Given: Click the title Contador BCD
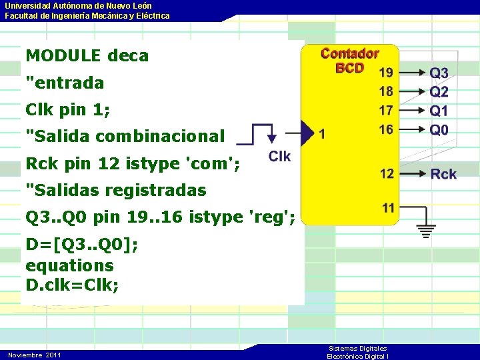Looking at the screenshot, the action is click(x=349, y=60).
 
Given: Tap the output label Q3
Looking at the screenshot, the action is click(x=439, y=73).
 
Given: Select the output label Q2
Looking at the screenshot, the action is click(x=439, y=92).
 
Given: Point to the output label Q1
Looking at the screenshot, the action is click(x=439, y=111).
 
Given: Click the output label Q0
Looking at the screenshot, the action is click(x=439, y=130).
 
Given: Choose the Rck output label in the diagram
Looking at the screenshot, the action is click(x=443, y=174).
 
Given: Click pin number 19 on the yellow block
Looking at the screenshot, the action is click(x=386, y=72).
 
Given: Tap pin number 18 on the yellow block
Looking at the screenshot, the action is click(x=386, y=91).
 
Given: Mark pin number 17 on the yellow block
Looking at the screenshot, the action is click(x=386, y=110).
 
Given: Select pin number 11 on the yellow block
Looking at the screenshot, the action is click(x=388, y=208).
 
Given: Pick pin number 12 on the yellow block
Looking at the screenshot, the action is click(x=387, y=174).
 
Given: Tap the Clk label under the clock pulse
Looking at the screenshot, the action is click(x=280, y=157).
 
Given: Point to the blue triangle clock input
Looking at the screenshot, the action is click(x=307, y=133).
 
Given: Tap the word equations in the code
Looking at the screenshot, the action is click(x=69, y=265).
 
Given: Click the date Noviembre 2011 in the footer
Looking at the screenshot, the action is click(x=35, y=355).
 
